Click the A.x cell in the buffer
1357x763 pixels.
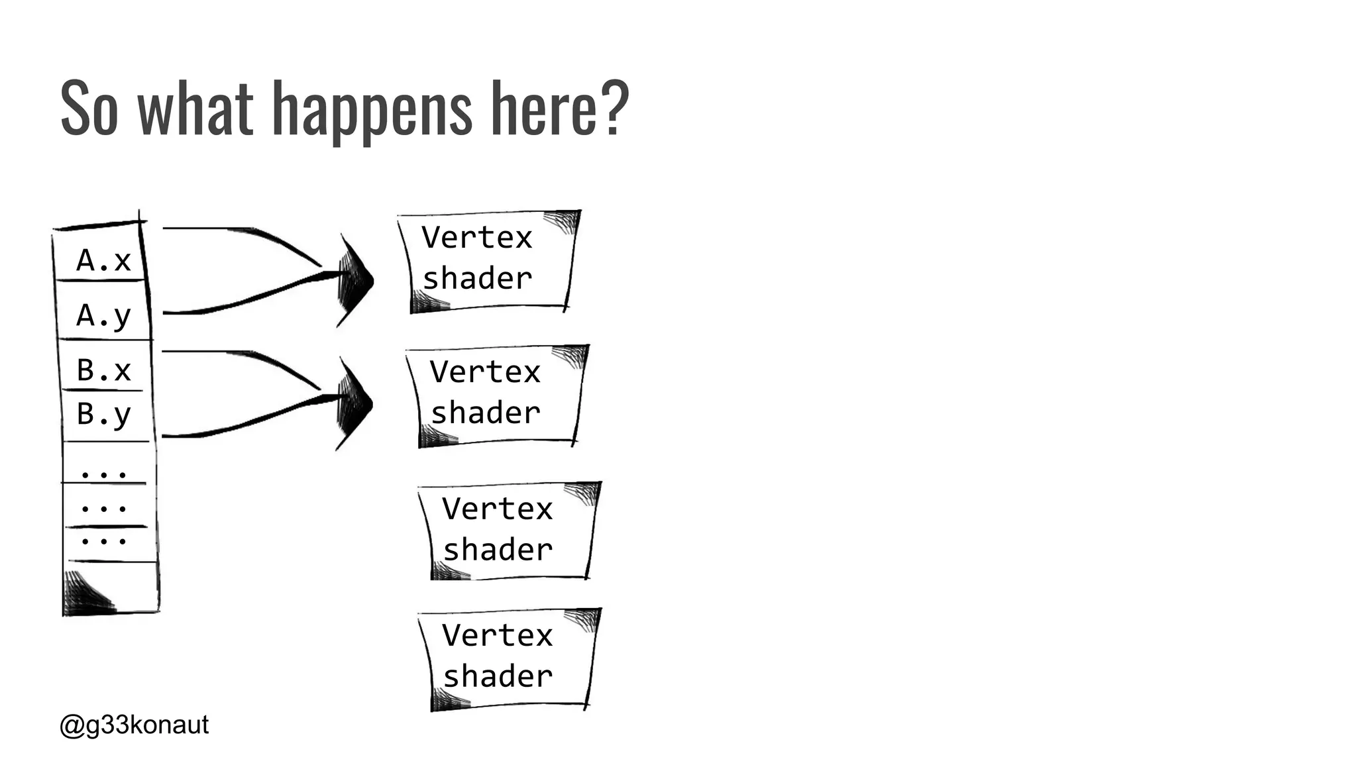[103, 260]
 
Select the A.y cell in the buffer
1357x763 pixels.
[103, 315]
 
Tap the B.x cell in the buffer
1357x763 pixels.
[103, 370]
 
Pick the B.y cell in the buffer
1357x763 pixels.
[103, 415]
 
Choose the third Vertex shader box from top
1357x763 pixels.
[509, 530]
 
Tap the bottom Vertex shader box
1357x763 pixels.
[509, 657]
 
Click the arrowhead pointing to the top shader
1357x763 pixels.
[354, 280]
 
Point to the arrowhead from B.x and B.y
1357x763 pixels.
[354, 403]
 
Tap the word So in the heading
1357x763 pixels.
[89, 108]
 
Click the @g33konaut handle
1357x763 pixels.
[134, 725]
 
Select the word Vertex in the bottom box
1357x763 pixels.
[497, 635]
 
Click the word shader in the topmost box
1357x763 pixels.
[477, 278]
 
